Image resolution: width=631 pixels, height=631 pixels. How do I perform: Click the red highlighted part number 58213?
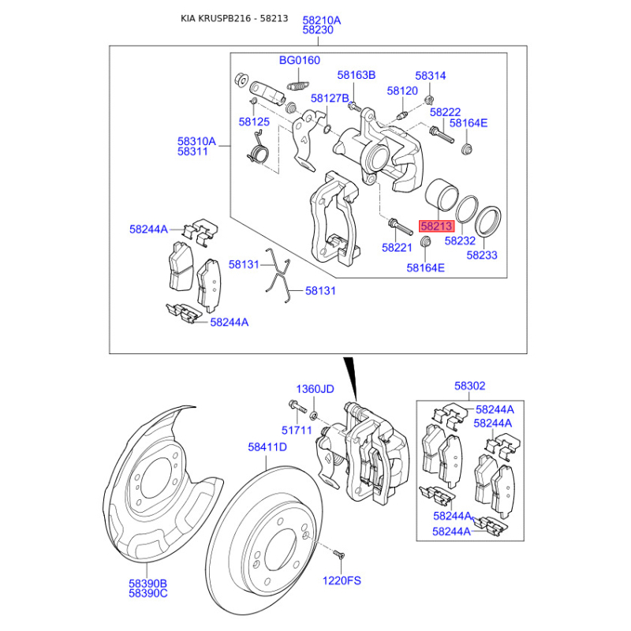437,226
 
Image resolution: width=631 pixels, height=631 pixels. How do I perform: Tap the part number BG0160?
300,60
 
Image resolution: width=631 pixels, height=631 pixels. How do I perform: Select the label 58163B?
357,75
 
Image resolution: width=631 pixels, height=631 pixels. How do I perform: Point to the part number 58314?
431,76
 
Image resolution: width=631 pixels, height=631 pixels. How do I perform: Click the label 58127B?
330,99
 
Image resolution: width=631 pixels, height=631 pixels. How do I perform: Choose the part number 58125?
255,122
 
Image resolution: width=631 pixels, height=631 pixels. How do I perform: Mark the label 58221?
398,248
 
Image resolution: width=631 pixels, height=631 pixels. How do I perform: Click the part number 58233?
481,256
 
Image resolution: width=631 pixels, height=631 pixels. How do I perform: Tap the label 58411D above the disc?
267,447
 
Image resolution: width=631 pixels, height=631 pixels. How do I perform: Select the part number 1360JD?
315,390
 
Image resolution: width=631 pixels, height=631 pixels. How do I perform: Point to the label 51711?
298,430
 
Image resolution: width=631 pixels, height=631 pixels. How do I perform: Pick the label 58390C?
148,593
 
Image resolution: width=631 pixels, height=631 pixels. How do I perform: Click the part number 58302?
469,386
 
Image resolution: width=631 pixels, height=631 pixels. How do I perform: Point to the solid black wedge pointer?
349,375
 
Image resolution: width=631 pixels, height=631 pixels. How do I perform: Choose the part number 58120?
402,91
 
